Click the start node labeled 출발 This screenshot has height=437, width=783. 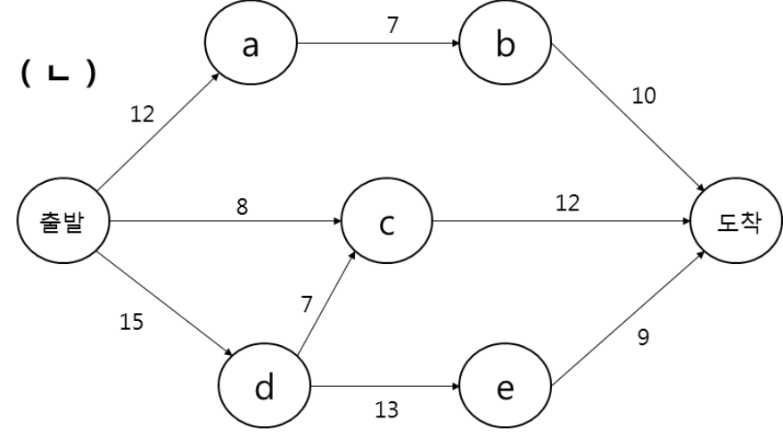tap(63, 221)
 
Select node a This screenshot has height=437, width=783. tap(251, 43)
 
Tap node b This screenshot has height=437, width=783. tap(506, 43)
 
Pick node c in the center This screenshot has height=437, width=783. tap(386, 221)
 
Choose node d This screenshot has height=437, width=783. tap(265, 385)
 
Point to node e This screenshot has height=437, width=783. tap(506, 385)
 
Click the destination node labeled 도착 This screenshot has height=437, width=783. tap(736, 221)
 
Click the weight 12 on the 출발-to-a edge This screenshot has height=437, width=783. tap(143, 114)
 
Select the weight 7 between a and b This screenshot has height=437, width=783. tap(393, 25)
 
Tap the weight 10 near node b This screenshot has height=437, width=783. tap(644, 95)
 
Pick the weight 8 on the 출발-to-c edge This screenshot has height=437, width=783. tap(242, 206)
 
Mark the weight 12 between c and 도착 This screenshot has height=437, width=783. tap(568, 203)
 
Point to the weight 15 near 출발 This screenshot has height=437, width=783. tap(132, 322)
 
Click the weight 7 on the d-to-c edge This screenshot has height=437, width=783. tap(307, 304)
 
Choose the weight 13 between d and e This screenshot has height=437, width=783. tap(386, 410)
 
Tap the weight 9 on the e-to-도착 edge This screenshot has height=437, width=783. tap(643, 338)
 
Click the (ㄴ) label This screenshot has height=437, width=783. tap(59, 73)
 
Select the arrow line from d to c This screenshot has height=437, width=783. tap(326, 303)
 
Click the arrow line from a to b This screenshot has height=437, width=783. tap(378, 43)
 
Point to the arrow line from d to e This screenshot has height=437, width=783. tap(385, 386)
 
